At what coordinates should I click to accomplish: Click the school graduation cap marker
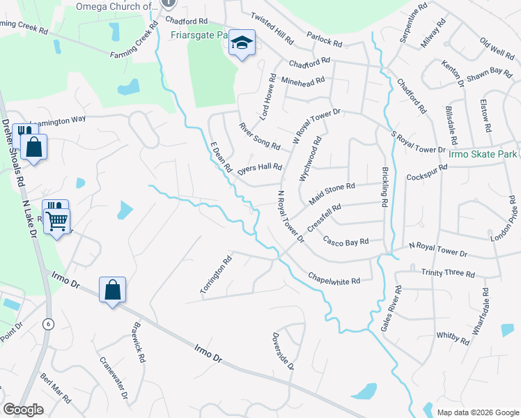click(x=242, y=45)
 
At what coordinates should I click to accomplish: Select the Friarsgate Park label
click(x=199, y=34)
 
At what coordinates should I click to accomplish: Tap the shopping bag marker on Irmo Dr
click(x=112, y=289)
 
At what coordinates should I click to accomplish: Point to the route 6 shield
click(x=48, y=324)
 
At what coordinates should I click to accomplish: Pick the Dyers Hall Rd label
click(x=259, y=168)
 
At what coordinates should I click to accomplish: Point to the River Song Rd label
click(x=259, y=137)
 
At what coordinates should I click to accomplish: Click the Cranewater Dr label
click(x=114, y=378)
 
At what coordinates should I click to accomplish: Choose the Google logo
click(x=23, y=410)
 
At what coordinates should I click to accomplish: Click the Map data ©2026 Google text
click(x=477, y=412)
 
